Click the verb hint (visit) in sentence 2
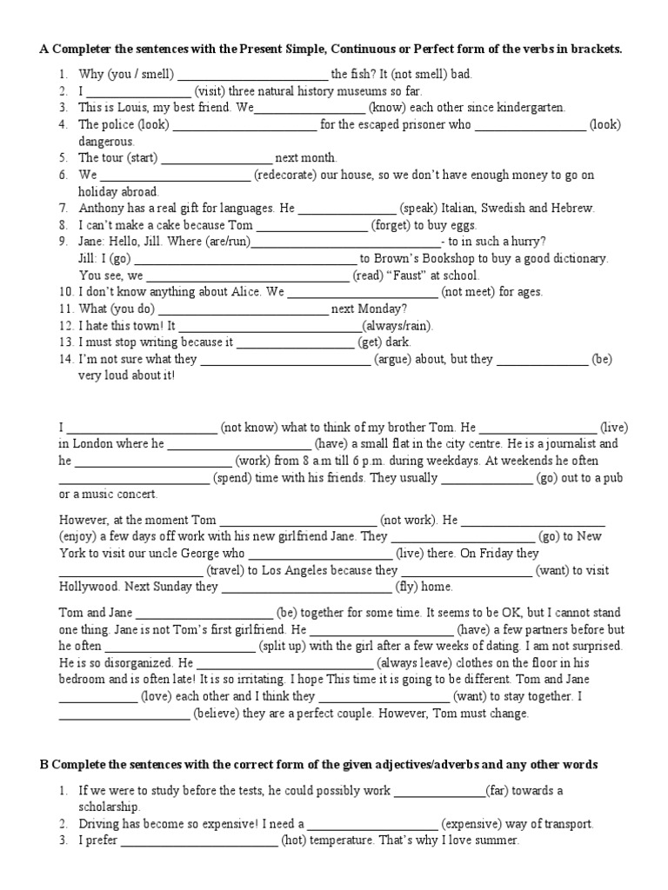click(211, 91)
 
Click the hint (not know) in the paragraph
click(249, 428)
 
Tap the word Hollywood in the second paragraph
click(90, 587)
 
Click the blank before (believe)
click(124, 714)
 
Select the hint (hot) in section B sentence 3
click(297, 841)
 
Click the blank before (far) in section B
click(439, 791)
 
